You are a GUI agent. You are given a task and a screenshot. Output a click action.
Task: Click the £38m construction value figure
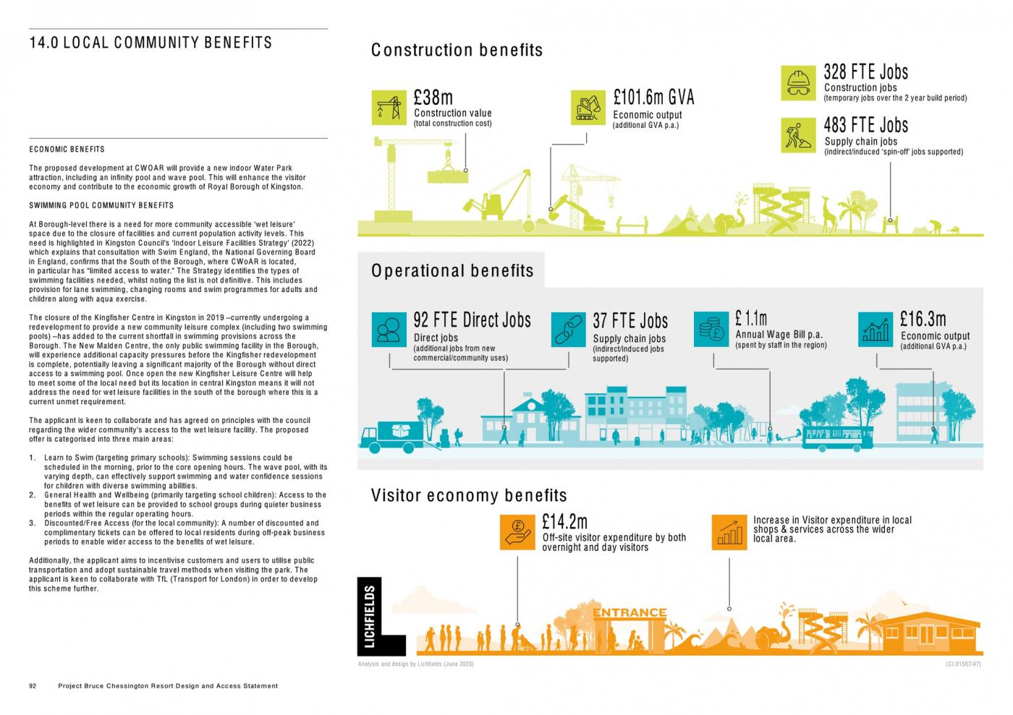[x=433, y=97]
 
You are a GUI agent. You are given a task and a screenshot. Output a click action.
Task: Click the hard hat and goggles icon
[x=799, y=82]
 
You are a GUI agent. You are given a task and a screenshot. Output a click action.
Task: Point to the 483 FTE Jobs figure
[x=865, y=125]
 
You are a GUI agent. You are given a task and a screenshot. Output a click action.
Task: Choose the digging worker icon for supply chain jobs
[x=799, y=135]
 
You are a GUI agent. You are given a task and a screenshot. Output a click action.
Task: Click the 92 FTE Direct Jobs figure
[x=472, y=320]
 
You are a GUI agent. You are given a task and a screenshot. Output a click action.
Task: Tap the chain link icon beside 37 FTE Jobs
[x=568, y=329]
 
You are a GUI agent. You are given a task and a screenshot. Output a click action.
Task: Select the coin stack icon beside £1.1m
[x=711, y=329]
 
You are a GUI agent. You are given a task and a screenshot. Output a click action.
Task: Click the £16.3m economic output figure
[x=923, y=319]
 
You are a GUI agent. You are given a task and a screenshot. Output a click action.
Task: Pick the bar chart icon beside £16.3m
[x=876, y=329]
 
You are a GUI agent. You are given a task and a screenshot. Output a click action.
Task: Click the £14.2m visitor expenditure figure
[x=564, y=521]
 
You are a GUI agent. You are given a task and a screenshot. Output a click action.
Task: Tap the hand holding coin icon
[x=517, y=532]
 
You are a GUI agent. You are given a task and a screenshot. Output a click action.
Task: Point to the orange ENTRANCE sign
[x=630, y=613]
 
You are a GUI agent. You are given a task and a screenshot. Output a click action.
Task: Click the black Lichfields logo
[x=381, y=617]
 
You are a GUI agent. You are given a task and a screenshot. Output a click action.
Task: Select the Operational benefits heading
[x=452, y=270]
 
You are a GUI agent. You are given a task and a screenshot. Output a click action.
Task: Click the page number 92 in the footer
[x=33, y=686]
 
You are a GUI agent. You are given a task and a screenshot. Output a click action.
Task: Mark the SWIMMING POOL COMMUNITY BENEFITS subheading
[x=101, y=205]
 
